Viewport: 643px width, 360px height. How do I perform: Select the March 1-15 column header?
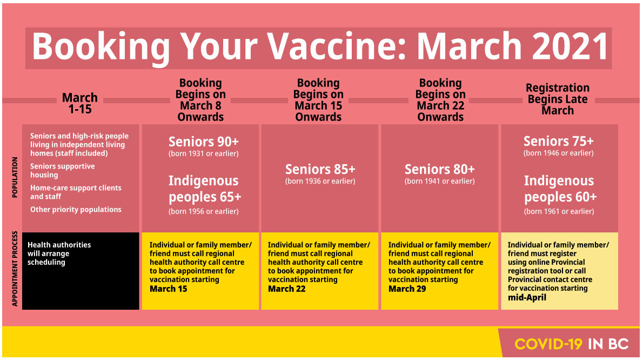point(80,103)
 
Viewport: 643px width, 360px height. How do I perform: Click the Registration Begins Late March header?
point(558,99)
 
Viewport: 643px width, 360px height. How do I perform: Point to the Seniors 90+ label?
point(203,142)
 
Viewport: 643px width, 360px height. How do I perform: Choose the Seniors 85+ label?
point(320,169)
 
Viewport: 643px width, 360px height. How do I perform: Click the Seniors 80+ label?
point(440,169)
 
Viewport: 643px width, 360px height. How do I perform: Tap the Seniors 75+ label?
point(559,141)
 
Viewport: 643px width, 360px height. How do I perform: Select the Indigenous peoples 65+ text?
point(205,189)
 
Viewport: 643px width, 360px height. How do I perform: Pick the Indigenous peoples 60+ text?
point(560,189)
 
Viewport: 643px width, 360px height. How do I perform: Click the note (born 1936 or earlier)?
point(320,181)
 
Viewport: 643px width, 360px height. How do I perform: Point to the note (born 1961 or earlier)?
point(559,211)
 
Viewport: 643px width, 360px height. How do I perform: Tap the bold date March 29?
point(407,289)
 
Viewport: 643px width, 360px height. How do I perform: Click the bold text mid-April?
point(527,297)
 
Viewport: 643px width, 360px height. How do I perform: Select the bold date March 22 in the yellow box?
point(286,289)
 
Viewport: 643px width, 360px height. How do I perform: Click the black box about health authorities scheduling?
point(81,271)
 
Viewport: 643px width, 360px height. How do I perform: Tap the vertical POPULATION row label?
point(15,177)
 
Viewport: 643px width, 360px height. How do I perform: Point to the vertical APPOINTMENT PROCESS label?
point(15,269)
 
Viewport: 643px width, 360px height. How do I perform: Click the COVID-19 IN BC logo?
point(571,344)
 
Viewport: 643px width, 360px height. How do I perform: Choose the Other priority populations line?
point(76,210)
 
